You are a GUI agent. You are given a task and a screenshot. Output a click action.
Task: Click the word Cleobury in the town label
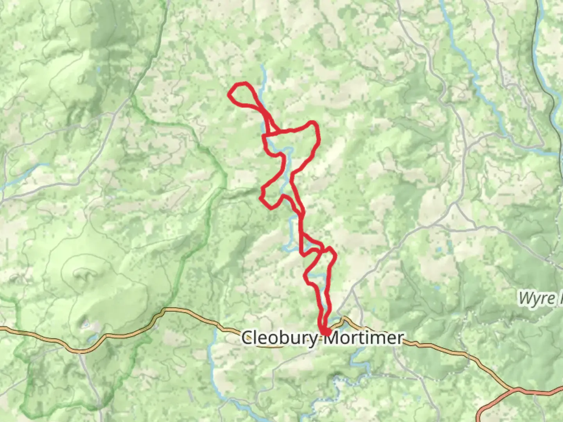coord(279,338)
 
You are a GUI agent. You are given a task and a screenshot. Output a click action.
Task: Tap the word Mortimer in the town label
coord(364,338)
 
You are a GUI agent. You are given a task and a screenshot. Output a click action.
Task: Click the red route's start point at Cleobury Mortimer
coord(325,332)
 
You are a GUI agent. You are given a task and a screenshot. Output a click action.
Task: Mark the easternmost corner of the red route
coord(335,256)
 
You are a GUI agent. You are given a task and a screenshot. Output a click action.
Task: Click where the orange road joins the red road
coord(512,390)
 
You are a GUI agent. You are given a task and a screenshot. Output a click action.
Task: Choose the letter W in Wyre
coord(525,299)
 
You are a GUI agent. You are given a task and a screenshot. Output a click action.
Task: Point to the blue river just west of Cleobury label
coord(215,344)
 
